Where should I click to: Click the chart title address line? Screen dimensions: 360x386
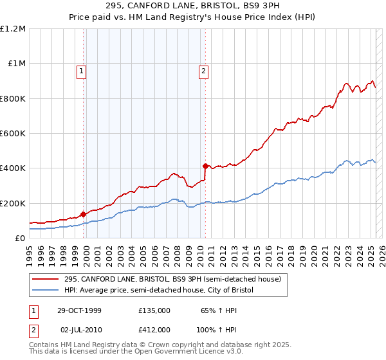[193, 5]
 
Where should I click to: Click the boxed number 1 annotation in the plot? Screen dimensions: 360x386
[83, 71]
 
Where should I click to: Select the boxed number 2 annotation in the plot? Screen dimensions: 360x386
[203, 71]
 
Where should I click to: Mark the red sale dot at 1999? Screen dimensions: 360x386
[83, 214]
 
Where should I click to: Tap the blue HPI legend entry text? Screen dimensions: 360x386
[159, 291]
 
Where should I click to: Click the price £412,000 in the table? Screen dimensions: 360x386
[154, 329]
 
